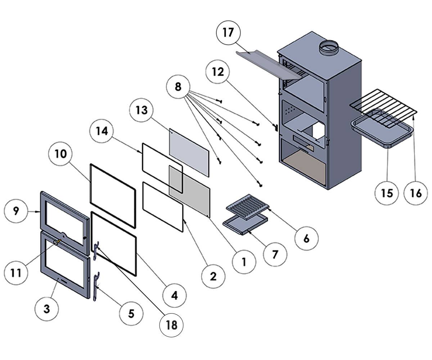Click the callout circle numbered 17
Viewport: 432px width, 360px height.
pyautogui.click(x=228, y=32)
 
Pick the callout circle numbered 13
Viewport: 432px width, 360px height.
pyautogui.click(x=142, y=110)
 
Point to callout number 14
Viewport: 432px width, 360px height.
pyautogui.click(x=102, y=131)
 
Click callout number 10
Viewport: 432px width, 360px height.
pyautogui.click(x=60, y=154)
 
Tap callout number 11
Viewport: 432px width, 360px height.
pyautogui.click(x=16, y=273)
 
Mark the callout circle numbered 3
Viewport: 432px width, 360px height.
pyautogui.click(x=46, y=309)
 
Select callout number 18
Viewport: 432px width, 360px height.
pyautogui.click(x=171, y=325)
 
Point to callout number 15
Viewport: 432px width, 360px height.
pyautogui.click(x=387, y=193)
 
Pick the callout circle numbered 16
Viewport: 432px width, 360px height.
pyautogui.click(x=416, y=193)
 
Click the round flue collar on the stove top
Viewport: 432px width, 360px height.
pyautogui.click(x=329, y=48)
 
